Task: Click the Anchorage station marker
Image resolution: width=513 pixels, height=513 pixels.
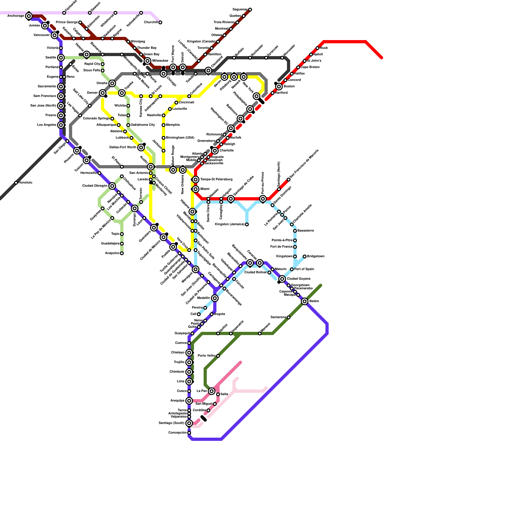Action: [29, 16]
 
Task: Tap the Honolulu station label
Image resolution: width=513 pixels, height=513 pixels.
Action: [25, 183]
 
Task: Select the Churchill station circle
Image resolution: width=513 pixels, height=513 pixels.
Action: [160, 22]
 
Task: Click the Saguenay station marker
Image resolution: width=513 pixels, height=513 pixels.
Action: [250, 10]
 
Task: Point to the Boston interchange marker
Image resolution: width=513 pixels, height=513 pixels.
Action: [279, 87]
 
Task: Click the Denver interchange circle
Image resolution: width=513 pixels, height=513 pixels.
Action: [103, 93]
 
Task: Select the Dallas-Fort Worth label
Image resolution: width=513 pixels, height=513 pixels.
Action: [123, 147]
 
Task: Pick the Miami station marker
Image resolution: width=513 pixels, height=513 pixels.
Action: [196, 189]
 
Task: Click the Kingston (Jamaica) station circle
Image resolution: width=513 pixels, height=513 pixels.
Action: [247, 224]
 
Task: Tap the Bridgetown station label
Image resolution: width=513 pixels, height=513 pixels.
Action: [315, 256]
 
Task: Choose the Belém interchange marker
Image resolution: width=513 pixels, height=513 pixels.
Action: [305, 301]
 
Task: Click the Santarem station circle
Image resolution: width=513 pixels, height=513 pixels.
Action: [289, 317]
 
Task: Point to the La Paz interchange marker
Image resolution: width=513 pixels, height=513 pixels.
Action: [212, 391]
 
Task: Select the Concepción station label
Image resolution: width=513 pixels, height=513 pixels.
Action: [177, 433]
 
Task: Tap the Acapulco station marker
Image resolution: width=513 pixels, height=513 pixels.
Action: [122, 253]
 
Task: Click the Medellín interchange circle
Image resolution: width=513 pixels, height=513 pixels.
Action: [215, 298]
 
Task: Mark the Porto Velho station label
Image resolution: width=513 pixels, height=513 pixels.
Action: [206, 356]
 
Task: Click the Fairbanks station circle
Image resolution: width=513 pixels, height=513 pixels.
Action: [64, 13]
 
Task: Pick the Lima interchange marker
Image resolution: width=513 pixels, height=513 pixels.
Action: [189, 382]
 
